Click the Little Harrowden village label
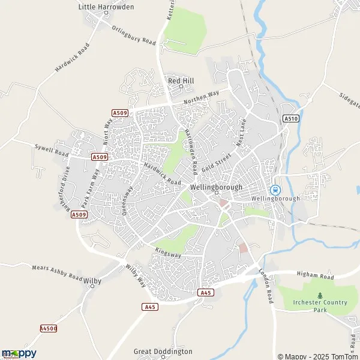tap(106, 7)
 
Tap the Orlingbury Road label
tap(133, 35)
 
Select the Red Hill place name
tap(181, 80)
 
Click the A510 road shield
tap(290, 119)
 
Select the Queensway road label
tap(127, 193)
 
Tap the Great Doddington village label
tap(163, 351)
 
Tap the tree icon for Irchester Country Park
tap(319, 295)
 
